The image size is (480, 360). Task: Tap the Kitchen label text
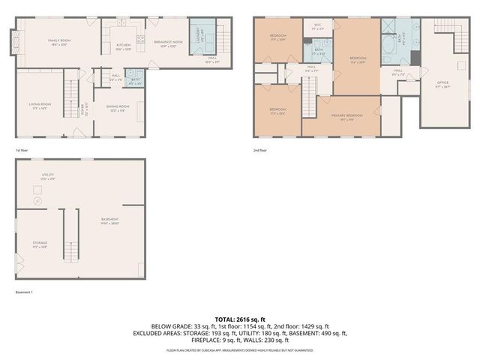[124, 45]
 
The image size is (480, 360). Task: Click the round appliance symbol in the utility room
[37, 200]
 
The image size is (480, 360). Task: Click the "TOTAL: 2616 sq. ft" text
[239, 319]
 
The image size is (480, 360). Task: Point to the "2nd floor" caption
[260, 151]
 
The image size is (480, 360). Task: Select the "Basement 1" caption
[25, 292]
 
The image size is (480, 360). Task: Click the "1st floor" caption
[21, 151]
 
